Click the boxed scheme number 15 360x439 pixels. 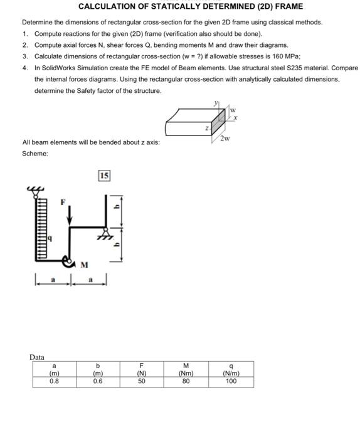(x=104, y=176)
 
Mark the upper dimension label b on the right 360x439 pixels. (x=115, y=206)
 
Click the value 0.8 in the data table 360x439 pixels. (x=55, y=381)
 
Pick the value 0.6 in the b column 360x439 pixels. (x=98, y=381)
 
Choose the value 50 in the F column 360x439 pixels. (x=142, y=381)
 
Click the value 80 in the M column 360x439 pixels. (x=186, y=381)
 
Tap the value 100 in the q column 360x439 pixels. (x=231, y=381)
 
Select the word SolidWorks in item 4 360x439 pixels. (x=62, y=68)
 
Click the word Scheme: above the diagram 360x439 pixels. (x=34, y=153)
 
